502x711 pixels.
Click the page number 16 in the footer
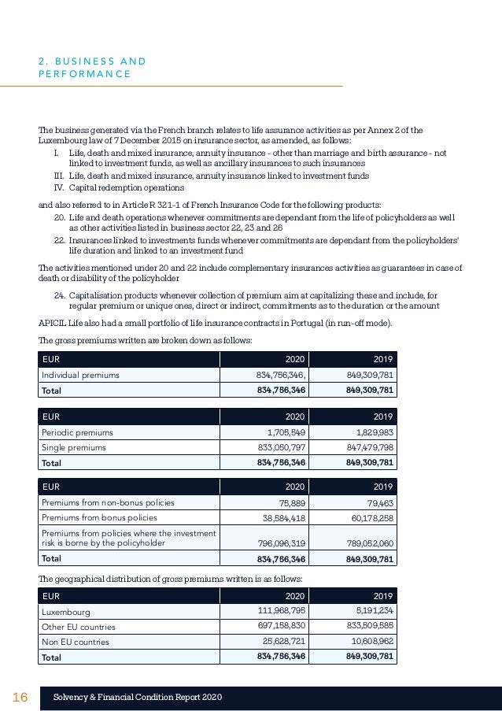click(20, 698)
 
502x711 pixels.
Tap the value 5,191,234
click(370, 611)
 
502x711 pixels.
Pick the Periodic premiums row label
click(74, 432)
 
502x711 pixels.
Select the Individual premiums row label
click(80, 376)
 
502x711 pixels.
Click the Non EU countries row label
click(74, 642)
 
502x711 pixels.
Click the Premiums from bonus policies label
click(99, 518)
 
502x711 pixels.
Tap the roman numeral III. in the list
click(58, 176)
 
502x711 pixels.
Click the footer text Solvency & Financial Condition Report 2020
click(138, 698)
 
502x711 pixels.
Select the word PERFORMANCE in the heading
click(86, 74)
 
